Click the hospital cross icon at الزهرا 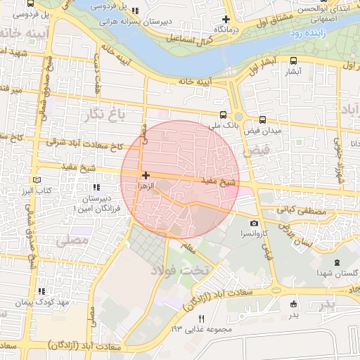pyautogui.click(x=146, y=175)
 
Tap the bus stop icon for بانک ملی pyautogui.click(x=223, y=115)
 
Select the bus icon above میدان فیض pyautogui.click(x=262, y=120)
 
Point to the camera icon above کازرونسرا pyautogui.click(x=254, y=223)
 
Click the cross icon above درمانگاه pyautogui.click(x=226, y=20)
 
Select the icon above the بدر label pyautogui.click(x=293, y=304)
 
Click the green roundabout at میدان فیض pyautogui.click(x=239, y=117)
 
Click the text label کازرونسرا pyautogui.click(x=254, y=233)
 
